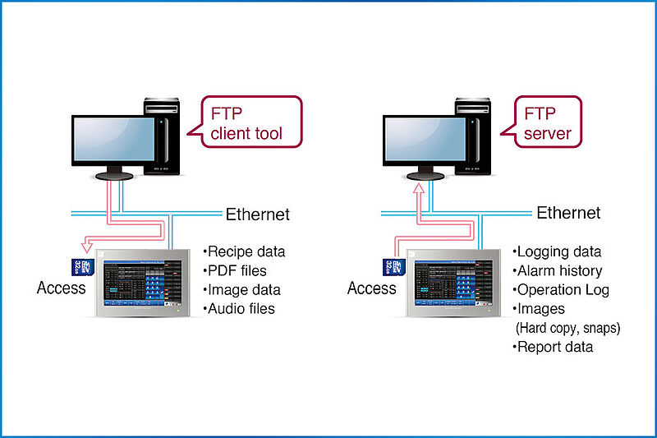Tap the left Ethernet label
[258, 214]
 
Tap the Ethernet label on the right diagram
[568, 213]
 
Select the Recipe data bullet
[244, 251]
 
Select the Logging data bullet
[557, 251]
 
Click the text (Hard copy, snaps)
[567, 328]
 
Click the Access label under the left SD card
[61, 288]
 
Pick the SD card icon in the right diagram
[390, 266]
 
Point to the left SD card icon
[80, 266]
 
